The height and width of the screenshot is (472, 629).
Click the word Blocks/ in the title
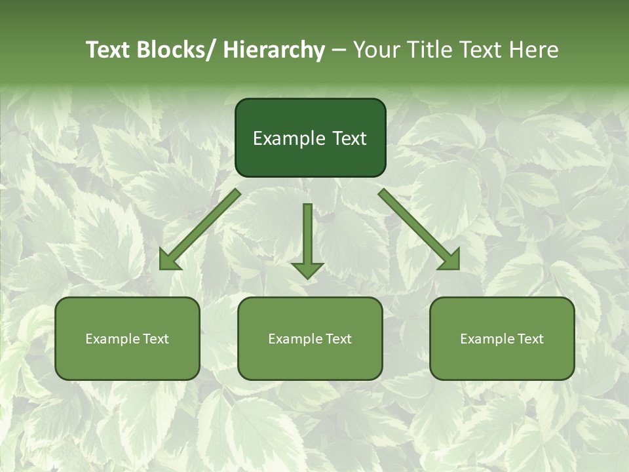pos(176,50)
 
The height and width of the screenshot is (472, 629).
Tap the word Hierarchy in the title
pos(274,50)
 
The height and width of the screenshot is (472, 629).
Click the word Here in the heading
pos(535,50)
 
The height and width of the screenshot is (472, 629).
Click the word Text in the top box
pos(349,139)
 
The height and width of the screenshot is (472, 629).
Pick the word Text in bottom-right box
pos(530,339)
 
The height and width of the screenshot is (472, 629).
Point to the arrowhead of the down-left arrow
pos(168,260)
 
